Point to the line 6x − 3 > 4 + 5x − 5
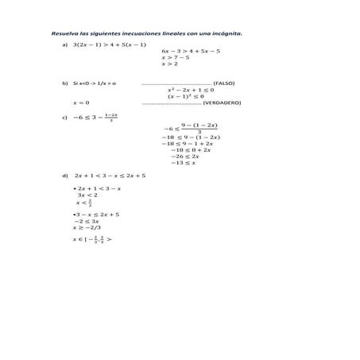[x=191, y=51]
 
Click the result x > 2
[x=169, y=64]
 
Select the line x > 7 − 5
[x=175, y=57]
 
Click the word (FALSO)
[x=224, y=83]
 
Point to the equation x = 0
[x=81, y=103]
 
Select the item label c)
[x=64, y=118]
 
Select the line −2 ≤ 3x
[x=87, y=221]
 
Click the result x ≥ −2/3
[x=87, y=227]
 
